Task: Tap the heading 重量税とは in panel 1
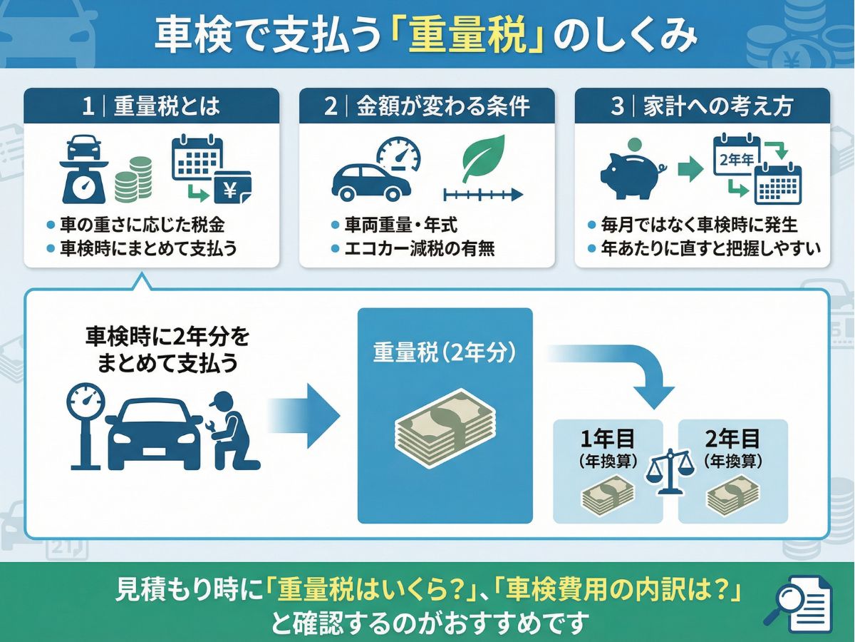pos(167,106)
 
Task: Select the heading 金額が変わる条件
pos(442,106)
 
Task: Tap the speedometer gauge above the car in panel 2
pos(398,151)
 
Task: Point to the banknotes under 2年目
pos(733,494)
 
